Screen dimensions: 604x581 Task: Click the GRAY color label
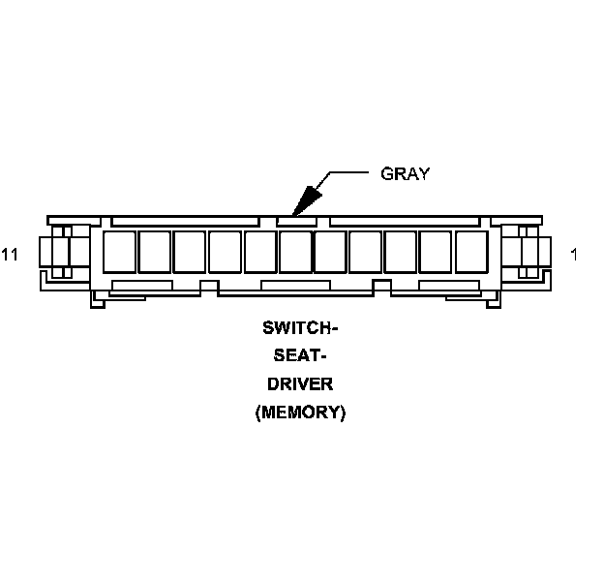(405, 174)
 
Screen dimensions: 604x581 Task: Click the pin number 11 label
(11, 255)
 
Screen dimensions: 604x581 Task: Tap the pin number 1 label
(575, 255)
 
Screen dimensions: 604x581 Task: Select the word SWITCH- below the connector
(301, 327)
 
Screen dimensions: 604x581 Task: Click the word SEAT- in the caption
(301, 355)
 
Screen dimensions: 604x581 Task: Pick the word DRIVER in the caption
(301, 383)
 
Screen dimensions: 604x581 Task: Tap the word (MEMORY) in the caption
(301, 412)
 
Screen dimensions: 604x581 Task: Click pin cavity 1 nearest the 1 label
(471, 252)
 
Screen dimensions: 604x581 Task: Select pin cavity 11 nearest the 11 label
(119, 252)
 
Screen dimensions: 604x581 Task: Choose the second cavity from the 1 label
(436, 252)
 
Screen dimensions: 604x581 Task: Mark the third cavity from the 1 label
(401, 252)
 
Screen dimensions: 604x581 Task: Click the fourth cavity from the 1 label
(366, 252)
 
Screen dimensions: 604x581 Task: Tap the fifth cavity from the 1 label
(330, 252)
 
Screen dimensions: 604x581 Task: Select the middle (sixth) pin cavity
(295, 252)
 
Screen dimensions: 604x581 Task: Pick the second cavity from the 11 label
(154, 252)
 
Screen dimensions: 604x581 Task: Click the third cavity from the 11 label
(190, 252)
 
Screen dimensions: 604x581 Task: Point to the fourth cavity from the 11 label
(225, 252)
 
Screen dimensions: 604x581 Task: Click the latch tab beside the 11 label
(60, 252)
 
